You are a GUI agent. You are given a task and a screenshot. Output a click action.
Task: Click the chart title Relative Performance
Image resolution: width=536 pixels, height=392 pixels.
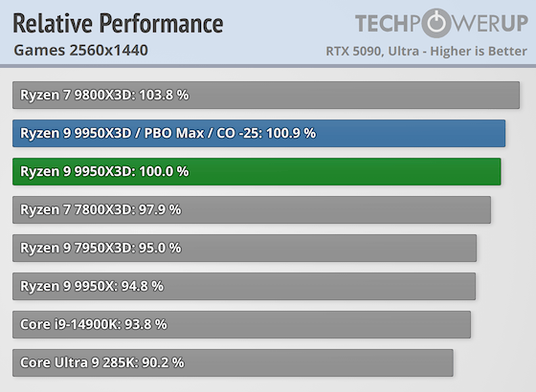tap(118, 23)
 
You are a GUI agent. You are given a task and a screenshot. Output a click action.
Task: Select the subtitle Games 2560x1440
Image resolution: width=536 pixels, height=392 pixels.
tap(81, 50)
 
